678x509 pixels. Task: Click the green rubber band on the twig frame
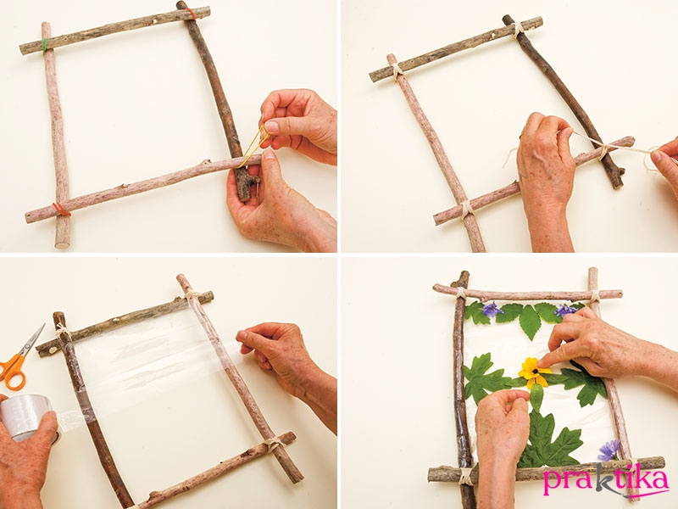pos(45,46)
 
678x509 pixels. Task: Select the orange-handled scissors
pos(20,358)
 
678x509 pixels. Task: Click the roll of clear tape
pos(26,417)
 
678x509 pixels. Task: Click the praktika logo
pos(606,480)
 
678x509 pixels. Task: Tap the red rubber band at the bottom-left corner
pos(61,210)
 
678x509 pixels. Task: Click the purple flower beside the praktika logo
pos(609,450)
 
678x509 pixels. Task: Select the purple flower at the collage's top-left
pos(492,310)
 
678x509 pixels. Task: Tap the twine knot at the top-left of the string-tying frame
pos(397,70)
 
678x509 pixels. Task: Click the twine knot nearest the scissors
pos(63,332)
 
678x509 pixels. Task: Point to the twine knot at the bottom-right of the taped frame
pos(273,443)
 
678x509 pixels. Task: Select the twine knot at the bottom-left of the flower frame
pos(465,475)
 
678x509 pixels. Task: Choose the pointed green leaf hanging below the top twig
pos(531,322)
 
